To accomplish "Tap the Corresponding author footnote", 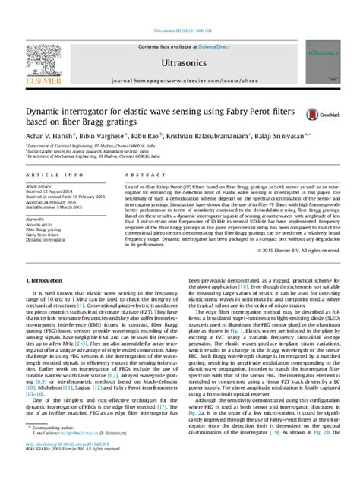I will [54, 448].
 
